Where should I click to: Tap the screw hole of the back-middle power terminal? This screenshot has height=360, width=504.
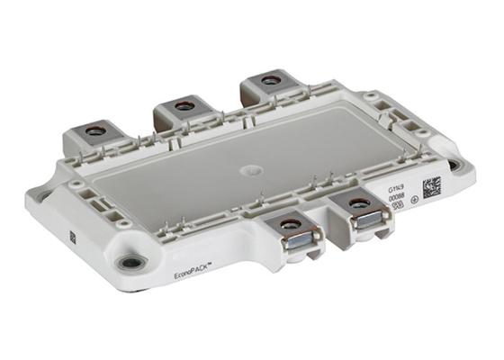[x=183, y=106]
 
